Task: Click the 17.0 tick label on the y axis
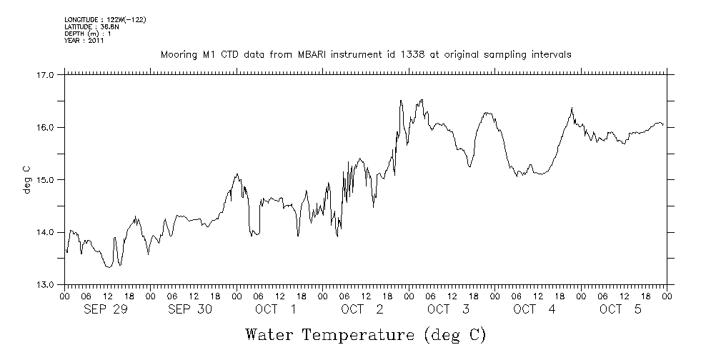tap(45, 74)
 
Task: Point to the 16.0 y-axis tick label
tap(45, 127)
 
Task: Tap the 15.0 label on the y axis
tap(45, 179)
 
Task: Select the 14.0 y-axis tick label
tap(45, 232)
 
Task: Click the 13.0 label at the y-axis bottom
tap(45, 284)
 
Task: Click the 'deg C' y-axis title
tap(27, 179)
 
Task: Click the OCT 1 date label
tap(276, 309)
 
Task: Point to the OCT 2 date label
tap(362, 309)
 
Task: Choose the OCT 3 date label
tap(448, 309)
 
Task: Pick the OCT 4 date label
tap(534, 309)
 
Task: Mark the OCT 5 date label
tap(620, 309)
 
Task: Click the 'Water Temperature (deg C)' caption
tap(365, 334)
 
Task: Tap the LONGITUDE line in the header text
tap(105, 19)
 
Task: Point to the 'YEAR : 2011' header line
tap(84, 41)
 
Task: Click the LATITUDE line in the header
tap(91, 26)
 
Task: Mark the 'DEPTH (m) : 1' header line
tap(87, 34)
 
